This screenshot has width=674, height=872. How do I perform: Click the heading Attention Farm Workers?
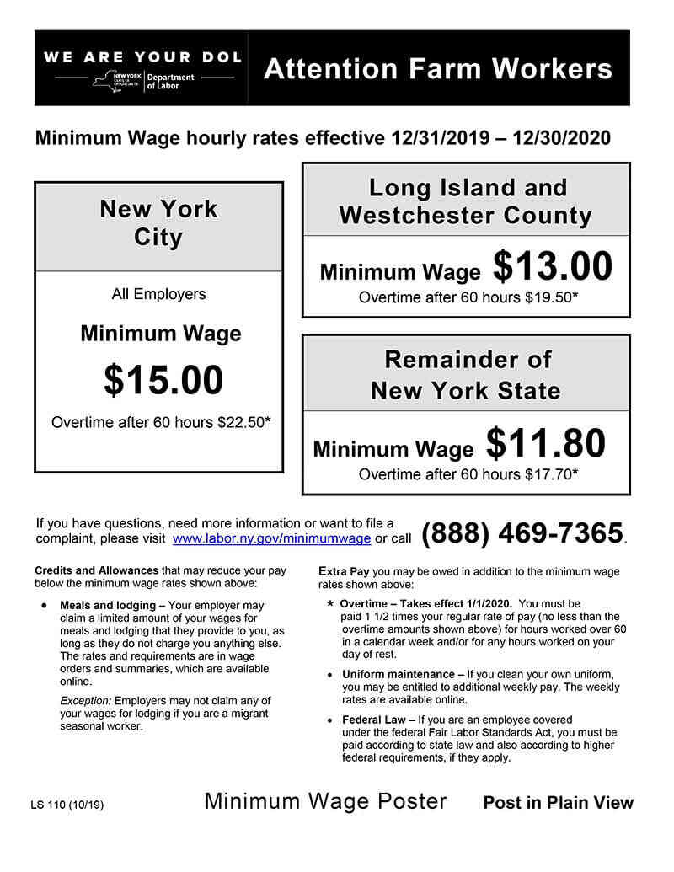[438, 68]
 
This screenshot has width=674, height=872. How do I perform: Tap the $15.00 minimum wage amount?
[163, 380]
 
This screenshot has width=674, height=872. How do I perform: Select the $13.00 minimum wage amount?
[553, 267]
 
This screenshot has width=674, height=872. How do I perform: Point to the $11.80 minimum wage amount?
[546, 444]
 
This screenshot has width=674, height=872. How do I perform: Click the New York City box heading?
[158, 223]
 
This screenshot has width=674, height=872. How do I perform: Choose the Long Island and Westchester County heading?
[466, 201]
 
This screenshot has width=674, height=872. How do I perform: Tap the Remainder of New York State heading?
[466, 375]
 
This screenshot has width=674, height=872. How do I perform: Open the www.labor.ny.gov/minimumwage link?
[271, 538]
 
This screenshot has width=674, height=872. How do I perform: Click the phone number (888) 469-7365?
[522, 533]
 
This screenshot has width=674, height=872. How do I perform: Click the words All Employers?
[158, 294]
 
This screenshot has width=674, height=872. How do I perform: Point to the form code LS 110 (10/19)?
[67, 805]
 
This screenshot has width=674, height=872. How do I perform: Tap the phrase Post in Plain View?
[558, 803]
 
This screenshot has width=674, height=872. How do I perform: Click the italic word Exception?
[85, 701]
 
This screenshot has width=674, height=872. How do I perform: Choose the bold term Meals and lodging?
[107, 605]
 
